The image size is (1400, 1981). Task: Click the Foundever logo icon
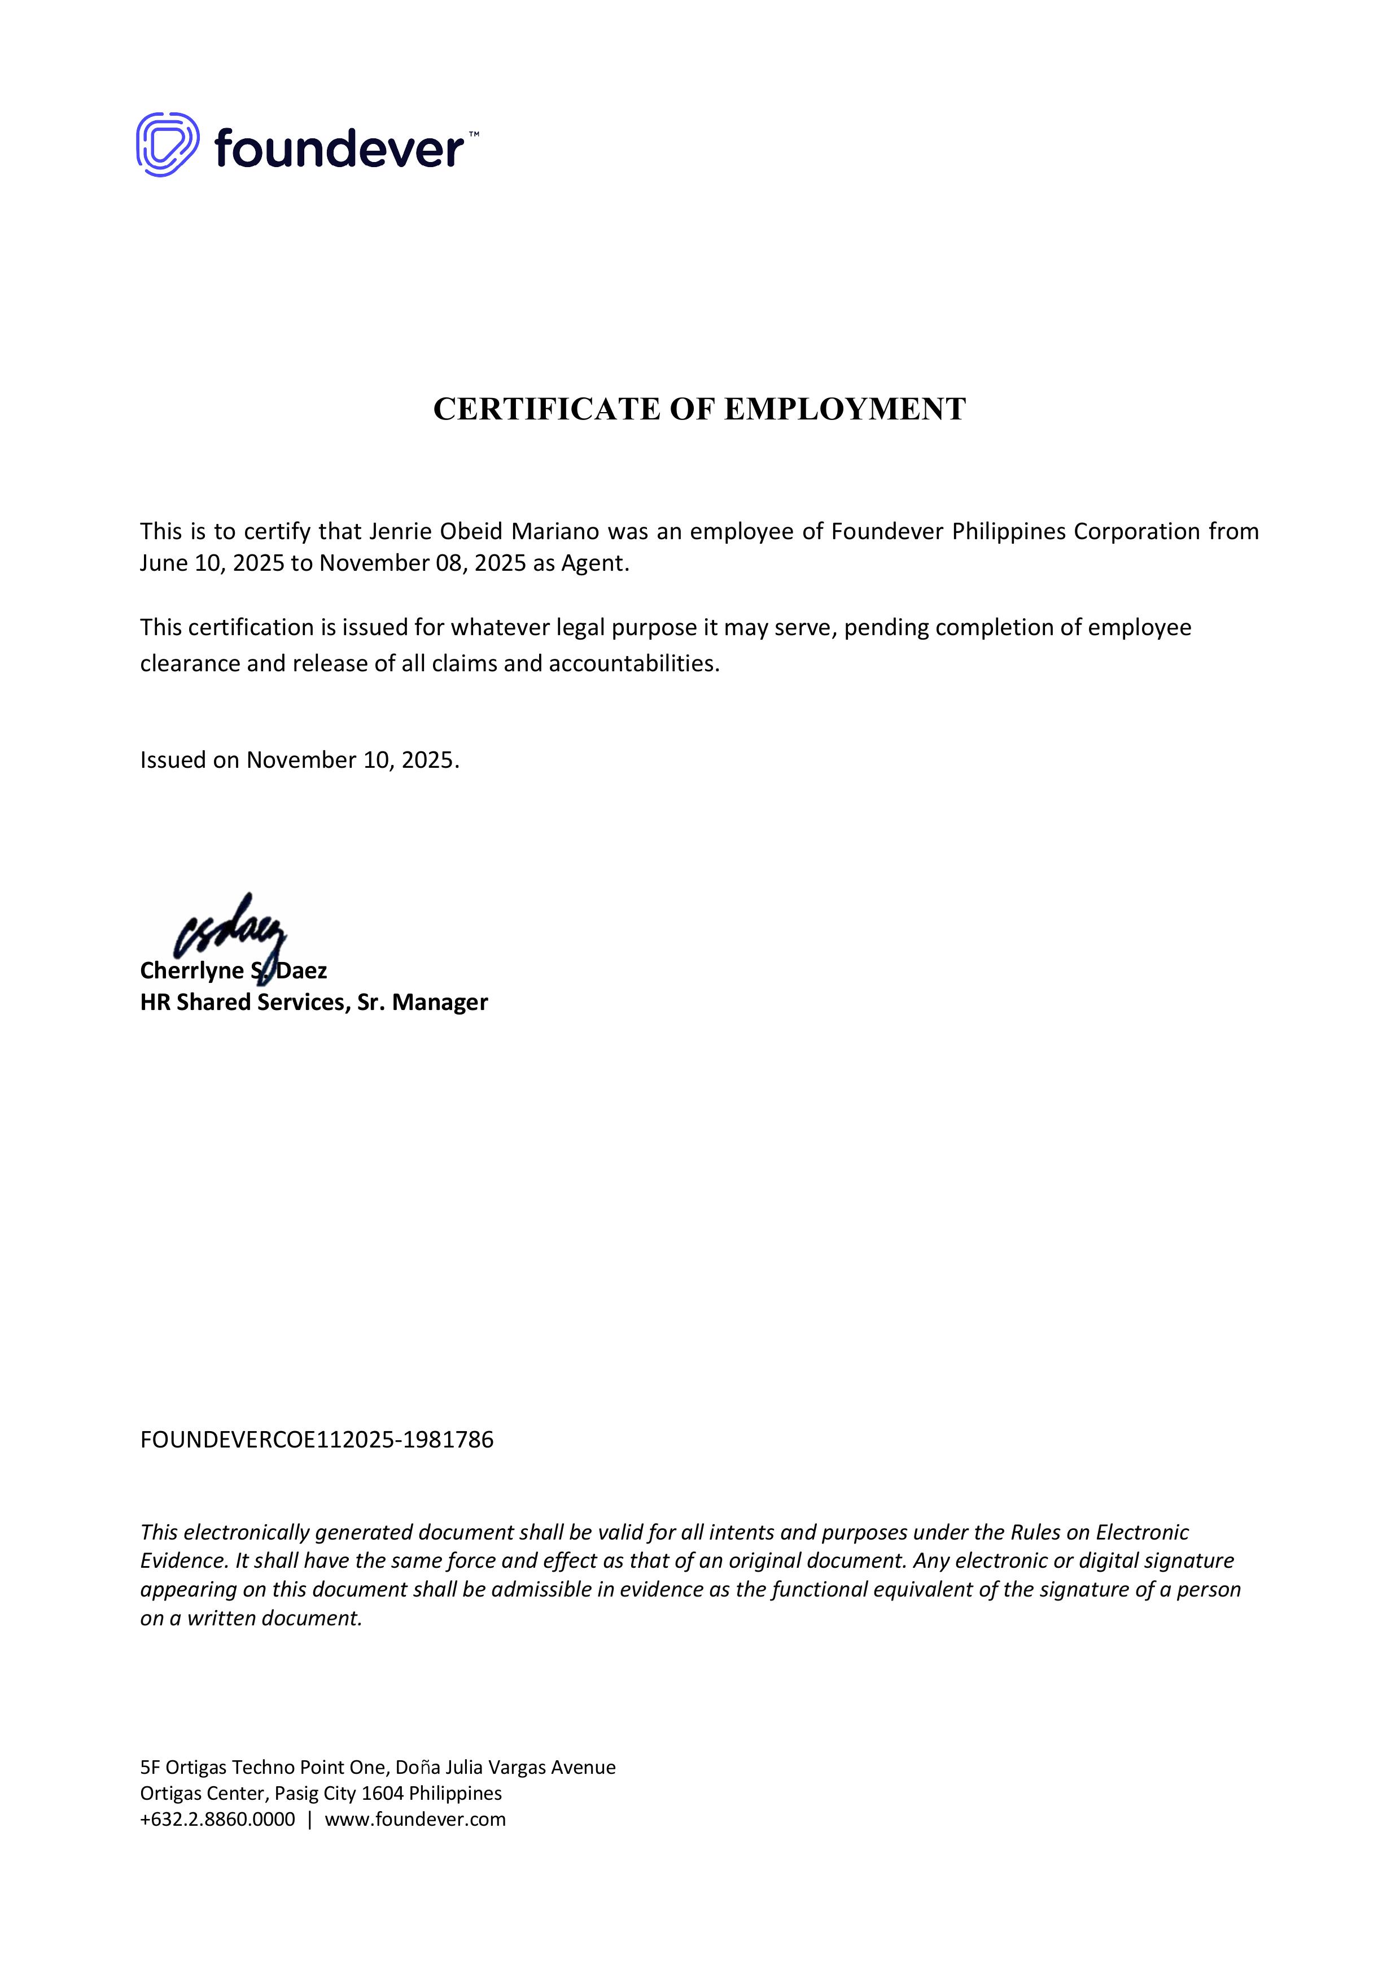click(x=167, y=145)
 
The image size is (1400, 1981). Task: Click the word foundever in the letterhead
click(x=339, y=148)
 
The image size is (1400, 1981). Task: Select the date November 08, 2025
click(x=423, y=563)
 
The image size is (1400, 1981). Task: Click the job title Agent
click(x=593, y=563)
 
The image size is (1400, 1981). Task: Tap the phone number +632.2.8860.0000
click(x=217, y=1820)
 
